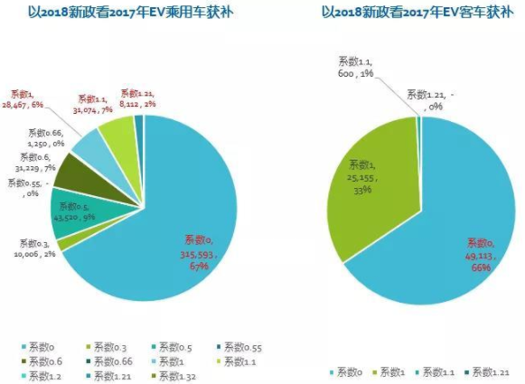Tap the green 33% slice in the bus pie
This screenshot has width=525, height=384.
[x=370, y=181]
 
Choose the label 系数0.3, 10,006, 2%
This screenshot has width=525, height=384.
[x=34, y=248]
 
